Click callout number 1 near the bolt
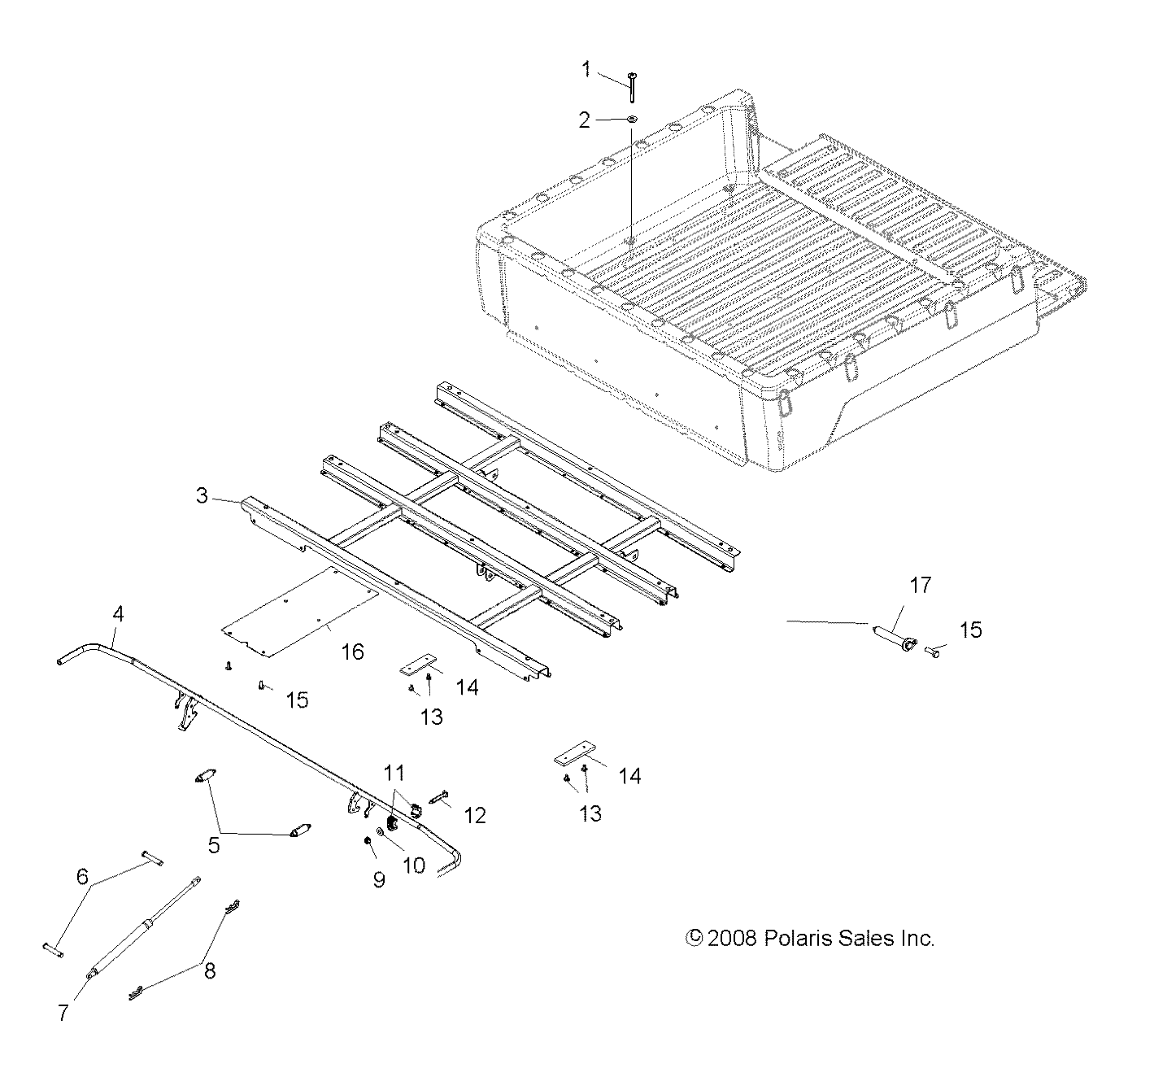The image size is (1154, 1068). point(586,70)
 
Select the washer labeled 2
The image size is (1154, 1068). point(632,120)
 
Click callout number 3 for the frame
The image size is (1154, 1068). point(202,495)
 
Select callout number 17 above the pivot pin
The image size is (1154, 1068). point(898,585)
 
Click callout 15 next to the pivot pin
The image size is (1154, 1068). point(971,630)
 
